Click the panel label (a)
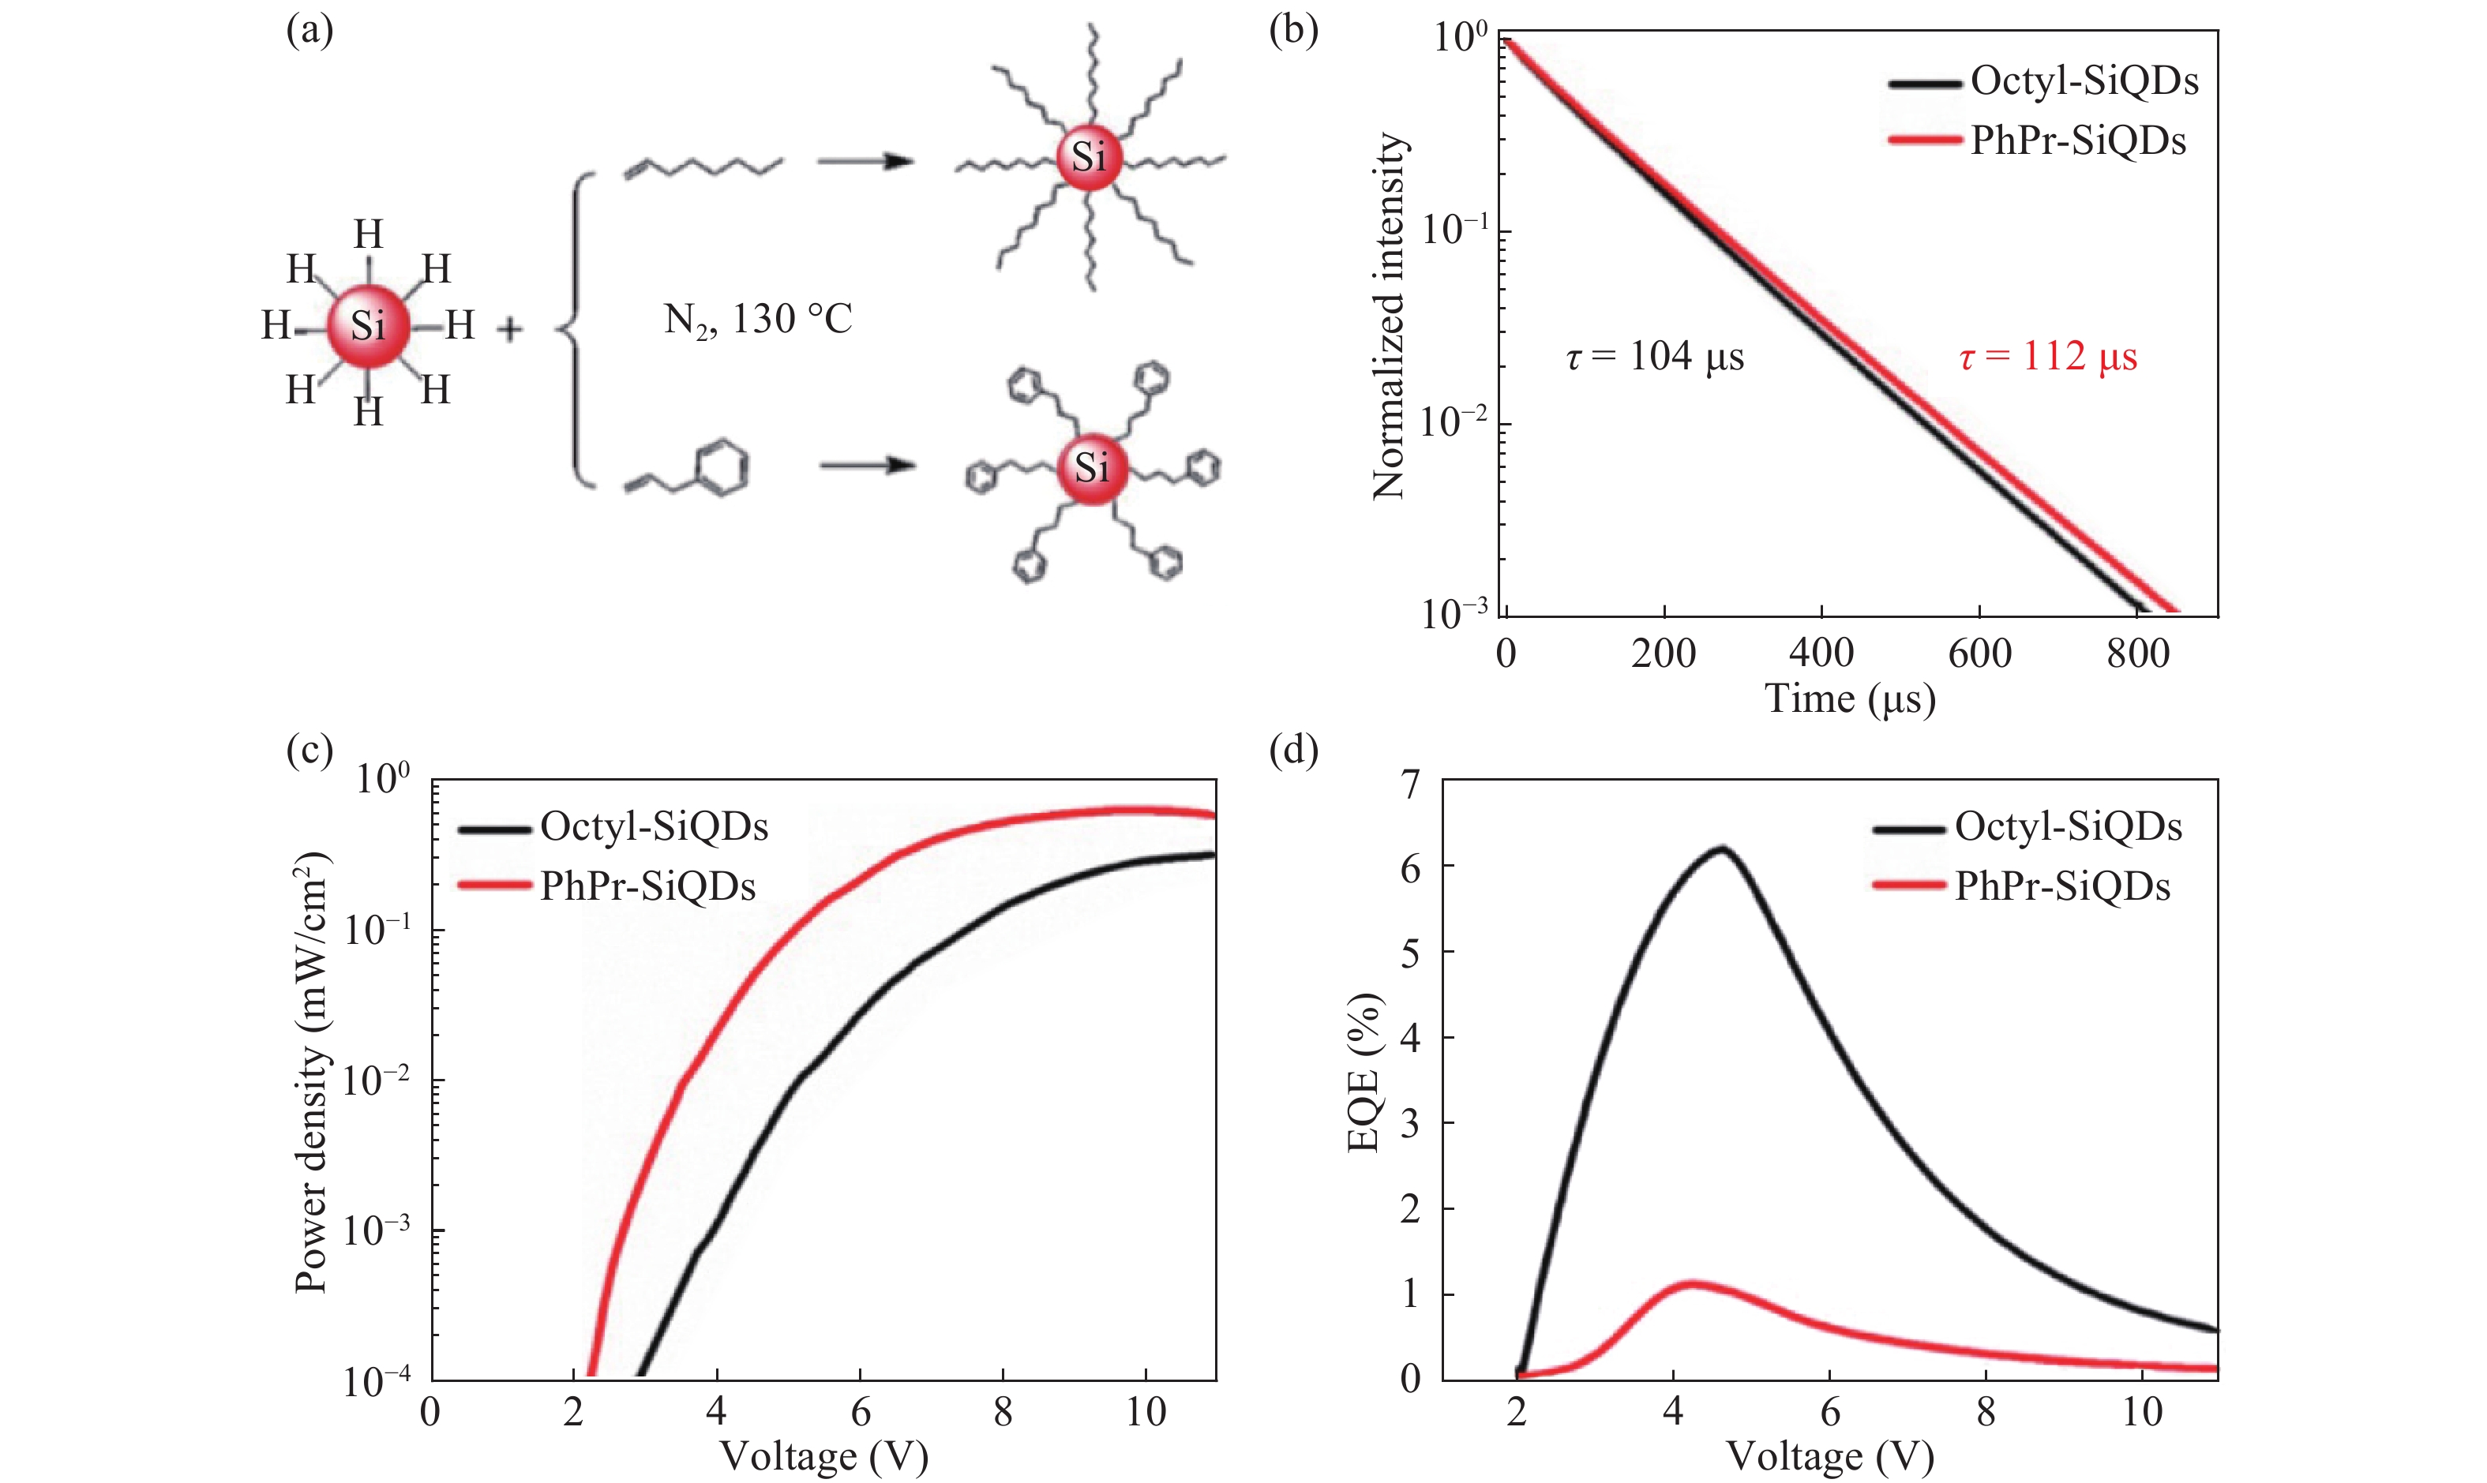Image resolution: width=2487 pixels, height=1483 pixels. [x=309, y=31]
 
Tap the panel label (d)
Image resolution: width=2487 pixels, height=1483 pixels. [x=1293, y=748]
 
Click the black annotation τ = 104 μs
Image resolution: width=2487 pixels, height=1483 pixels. [x=1654, y=357]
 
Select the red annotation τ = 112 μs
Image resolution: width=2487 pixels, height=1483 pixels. [x=2047, y=357]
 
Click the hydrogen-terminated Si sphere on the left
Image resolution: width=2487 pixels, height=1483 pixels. [x=368, y=326]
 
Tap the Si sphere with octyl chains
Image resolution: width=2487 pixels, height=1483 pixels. [x=1090, y=158]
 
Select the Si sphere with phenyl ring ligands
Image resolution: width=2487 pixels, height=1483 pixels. [x=1092, y=468]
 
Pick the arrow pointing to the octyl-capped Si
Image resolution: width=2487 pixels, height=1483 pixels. [x=865, y=162]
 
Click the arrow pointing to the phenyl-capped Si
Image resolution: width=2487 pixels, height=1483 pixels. [x=868, y=466]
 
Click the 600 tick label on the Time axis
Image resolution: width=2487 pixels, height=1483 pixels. [x=1979, y=653]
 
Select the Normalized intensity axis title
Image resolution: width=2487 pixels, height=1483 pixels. [x=1390, y=316]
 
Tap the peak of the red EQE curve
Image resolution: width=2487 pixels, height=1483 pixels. [x=1692, y=1283]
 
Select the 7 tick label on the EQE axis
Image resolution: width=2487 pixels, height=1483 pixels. [x=1410, y=785]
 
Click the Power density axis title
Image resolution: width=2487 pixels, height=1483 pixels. [x=312, y=1073]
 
